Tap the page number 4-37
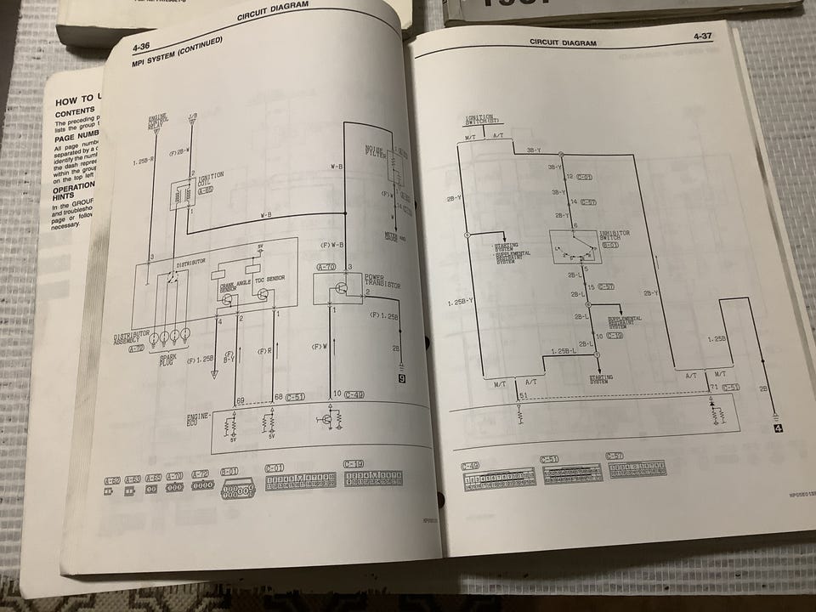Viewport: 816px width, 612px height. click(x=703, y=37)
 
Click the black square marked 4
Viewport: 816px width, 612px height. click(x=777, y=428)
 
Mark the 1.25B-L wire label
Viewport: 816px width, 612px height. click(x=564, y=351)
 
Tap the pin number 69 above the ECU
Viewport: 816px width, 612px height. click(x=241, y=399)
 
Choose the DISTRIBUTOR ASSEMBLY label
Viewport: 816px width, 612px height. click(x=133, y=338)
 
